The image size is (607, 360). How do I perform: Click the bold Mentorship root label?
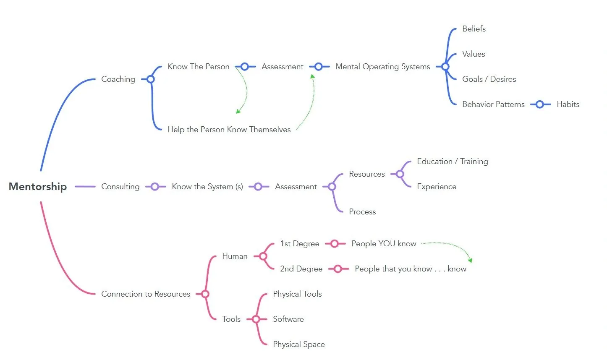(38, 187)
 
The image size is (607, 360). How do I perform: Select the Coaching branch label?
(118, 79)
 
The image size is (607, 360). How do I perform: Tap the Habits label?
(568, 104)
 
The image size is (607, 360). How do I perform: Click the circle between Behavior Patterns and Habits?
(540, 104)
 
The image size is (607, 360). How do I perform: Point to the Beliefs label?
(474, 29)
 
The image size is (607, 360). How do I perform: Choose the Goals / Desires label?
(489, 79)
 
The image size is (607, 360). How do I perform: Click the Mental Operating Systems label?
(382, 67)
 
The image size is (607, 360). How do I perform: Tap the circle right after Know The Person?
(245, 67)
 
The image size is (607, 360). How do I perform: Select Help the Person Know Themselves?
(229, 130)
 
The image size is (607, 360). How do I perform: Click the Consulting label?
(120, 187)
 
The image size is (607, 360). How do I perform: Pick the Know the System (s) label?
(207, 187)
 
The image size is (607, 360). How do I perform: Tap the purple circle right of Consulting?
(155, 187)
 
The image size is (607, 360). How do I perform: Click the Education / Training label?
(453, 162)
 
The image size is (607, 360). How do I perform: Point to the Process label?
(362, 212)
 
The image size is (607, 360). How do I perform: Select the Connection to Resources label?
(146, 294)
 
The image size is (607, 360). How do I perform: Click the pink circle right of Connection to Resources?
(205, 294)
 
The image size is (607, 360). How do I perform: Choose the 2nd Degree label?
(301, 269)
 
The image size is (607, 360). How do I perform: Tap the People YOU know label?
(384, 243)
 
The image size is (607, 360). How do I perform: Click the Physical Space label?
(298, 344)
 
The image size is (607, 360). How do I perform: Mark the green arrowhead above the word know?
(471, 260)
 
